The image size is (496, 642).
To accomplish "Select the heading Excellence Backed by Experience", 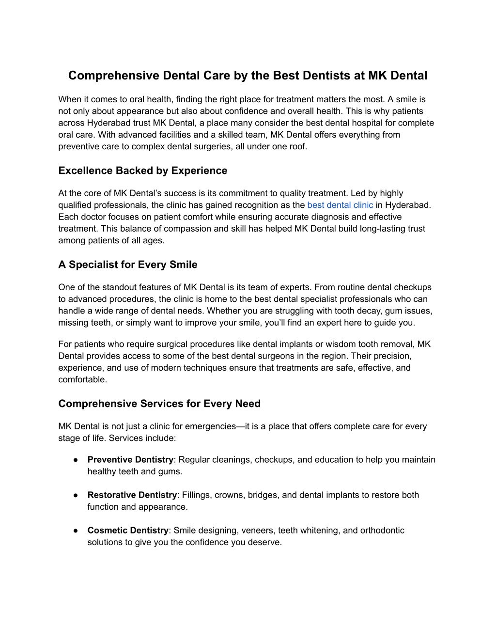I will click(x=142, y=171).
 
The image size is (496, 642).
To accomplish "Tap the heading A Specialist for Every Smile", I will click(x=128, y=265).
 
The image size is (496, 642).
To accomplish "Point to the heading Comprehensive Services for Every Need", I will click(x=159, y=404).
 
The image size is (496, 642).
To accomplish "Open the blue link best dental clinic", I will click(x=340, y=205).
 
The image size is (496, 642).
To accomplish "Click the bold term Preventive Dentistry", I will click(x=130, y=459).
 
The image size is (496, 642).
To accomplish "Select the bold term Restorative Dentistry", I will click(x=132, y=495).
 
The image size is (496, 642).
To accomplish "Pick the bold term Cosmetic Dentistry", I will click(x=128, y=530).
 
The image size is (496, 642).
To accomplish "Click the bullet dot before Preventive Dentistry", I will click(x=77, y=459).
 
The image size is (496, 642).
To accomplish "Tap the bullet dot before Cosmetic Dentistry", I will click(x=77, y=530).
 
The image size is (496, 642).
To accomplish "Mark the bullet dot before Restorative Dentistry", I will click(x=77, y=495).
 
